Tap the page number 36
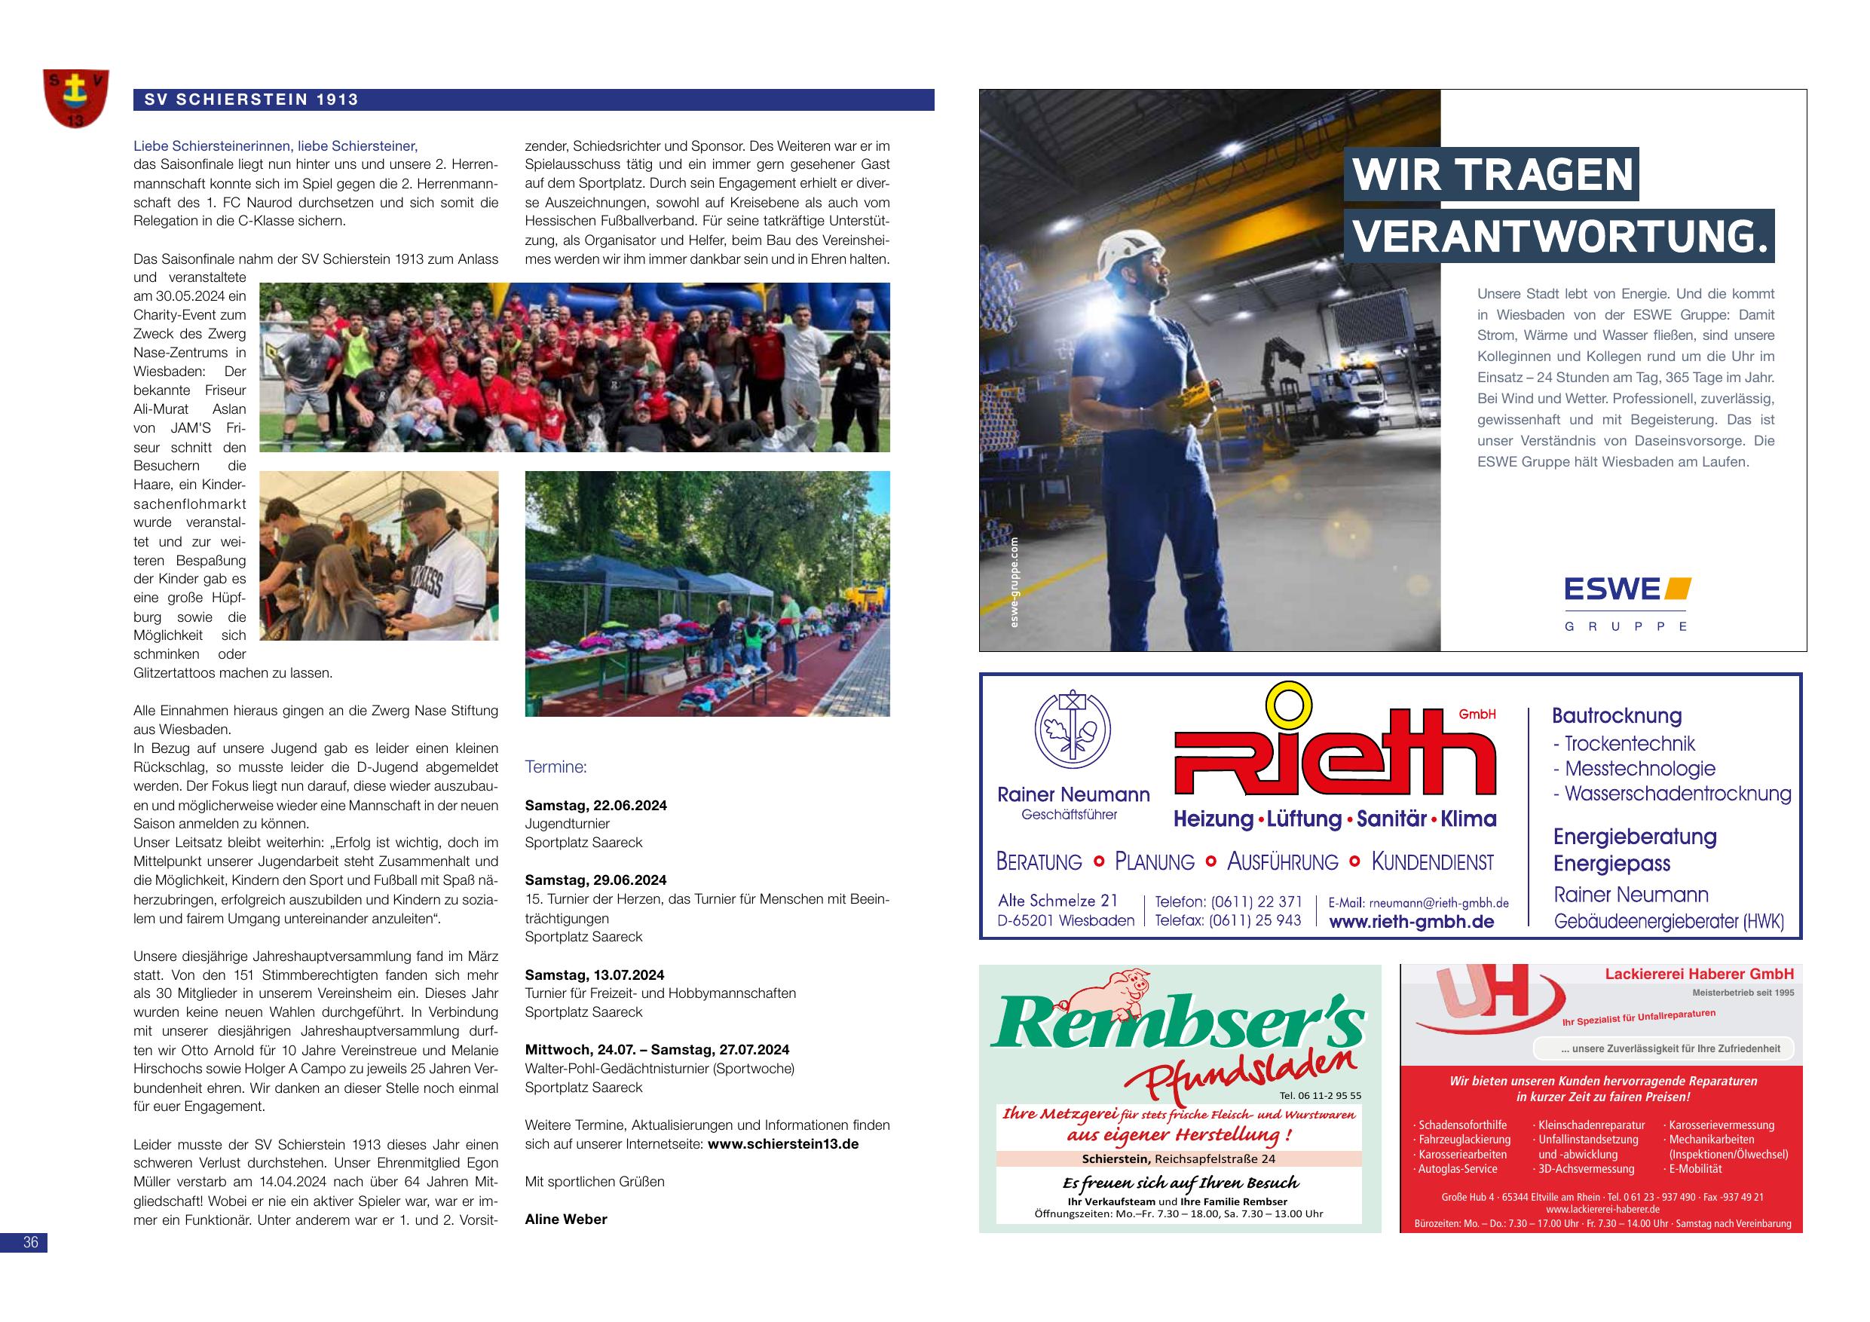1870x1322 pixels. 31,1242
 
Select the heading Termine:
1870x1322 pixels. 555,767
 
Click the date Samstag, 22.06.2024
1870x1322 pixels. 595,805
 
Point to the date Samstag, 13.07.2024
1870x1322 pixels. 594,975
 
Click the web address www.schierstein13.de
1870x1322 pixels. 782,1143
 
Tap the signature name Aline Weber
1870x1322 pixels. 566,1219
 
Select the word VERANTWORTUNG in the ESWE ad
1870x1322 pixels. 1559,236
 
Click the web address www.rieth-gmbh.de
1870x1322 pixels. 1412,921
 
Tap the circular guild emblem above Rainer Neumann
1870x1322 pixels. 1073,730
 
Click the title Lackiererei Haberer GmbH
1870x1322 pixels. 1699,973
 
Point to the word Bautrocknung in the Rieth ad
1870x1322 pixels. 1616,715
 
